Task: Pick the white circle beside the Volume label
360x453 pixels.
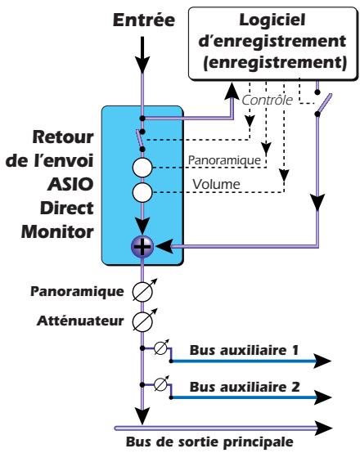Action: (143, 195)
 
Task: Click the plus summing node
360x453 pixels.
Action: (143, 244)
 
